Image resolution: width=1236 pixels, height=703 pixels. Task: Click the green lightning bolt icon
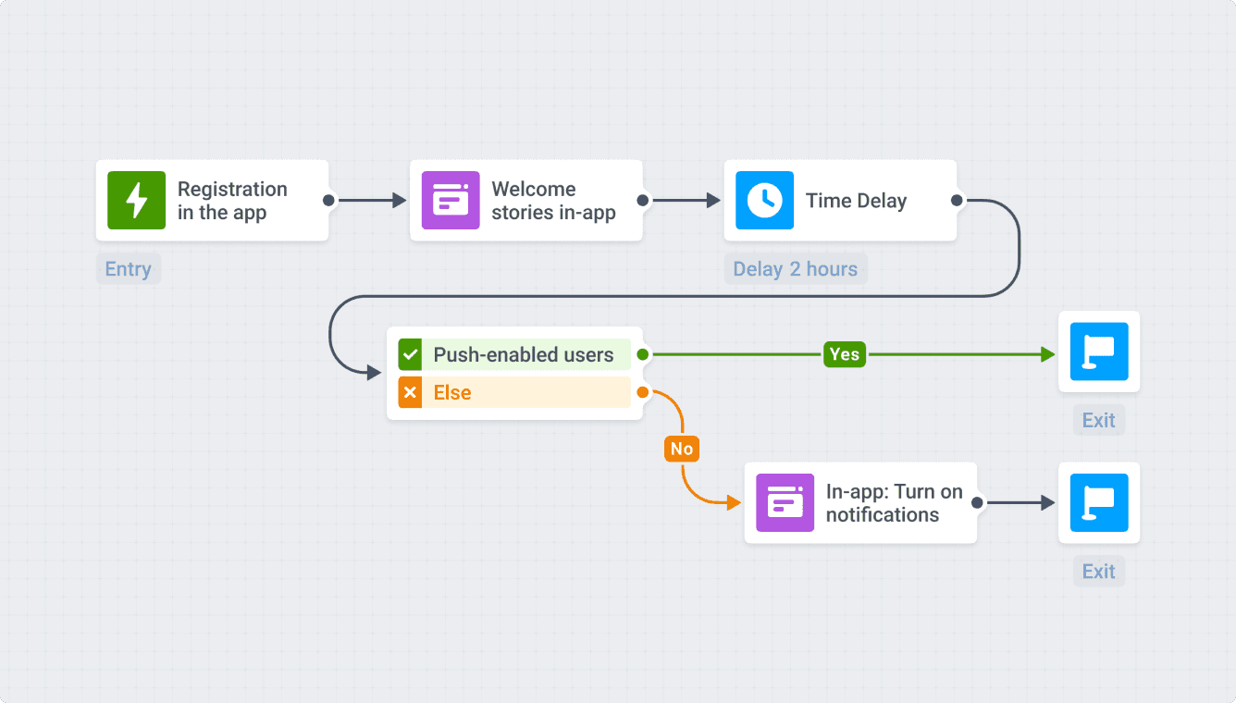point(136,200)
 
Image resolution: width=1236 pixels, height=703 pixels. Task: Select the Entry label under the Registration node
point(128,269)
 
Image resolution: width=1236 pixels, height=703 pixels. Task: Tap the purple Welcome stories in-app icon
point(451,200)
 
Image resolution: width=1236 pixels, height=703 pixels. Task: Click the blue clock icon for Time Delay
point(764,200)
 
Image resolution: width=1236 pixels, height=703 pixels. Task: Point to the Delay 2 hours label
point(795,269)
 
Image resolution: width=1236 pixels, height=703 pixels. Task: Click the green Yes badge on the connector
point(844,354)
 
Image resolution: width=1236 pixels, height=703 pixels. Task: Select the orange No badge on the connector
point(681,449)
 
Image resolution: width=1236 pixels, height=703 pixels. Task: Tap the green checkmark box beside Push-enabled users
point(410,354)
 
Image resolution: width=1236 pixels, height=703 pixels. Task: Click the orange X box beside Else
point(410,392)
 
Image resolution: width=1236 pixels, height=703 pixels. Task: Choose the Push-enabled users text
point(523,354)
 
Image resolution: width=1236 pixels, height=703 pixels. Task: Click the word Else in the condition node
point(452,392)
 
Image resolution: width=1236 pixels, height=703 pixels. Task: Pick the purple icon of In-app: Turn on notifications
point(785,502)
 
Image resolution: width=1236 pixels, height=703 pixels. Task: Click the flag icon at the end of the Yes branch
point(1099,351)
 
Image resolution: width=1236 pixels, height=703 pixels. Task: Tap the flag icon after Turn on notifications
point(1099,502)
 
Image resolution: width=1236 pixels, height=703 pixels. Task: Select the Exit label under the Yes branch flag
point(1099,420)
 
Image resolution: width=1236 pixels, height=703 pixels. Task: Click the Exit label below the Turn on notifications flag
point(1099,572)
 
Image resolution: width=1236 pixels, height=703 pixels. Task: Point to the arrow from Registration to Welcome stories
point(370,200)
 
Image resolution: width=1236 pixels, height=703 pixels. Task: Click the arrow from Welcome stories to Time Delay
point(685,200)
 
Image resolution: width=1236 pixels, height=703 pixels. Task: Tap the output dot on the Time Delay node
point(957,200)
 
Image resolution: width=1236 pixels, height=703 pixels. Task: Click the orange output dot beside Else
point(642,392)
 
